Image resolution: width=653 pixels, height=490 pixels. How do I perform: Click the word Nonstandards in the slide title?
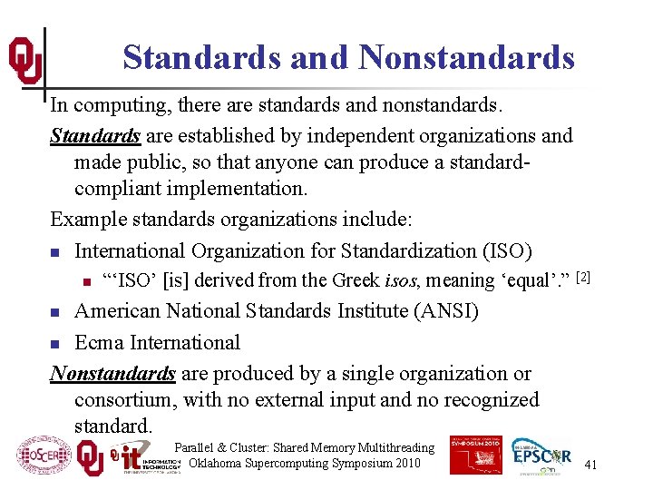466,58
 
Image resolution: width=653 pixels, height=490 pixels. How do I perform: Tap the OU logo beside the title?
24,60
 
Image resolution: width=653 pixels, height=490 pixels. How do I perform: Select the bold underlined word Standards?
95,136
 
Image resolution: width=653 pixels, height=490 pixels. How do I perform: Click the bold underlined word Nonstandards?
112,374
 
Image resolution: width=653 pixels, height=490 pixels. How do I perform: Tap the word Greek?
357,279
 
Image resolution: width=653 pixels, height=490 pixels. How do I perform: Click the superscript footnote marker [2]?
583,275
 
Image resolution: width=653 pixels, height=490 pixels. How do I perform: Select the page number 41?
590,465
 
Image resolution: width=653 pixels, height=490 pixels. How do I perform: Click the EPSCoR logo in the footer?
541,457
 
